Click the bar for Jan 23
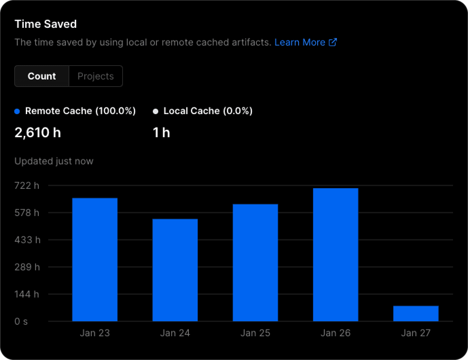[95, 259]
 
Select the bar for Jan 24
[175, 270]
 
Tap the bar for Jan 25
[255, 263]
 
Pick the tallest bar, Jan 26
[336, 255]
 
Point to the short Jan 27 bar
[416, 313]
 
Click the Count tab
[42, 76]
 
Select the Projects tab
[95, 76]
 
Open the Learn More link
[300, 42]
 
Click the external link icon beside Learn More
[333, 42]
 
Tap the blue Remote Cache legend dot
[17, 111]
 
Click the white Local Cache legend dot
[156, 111]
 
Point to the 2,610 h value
[38, 132]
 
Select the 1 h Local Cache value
[161, 132]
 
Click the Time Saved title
[46, 24]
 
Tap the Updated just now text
[54, 161]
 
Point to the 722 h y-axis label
[27, 185]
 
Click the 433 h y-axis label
[27, 240]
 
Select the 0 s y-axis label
[21, 321]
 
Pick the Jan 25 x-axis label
[255, 333]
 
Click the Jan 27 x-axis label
[416, 333]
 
